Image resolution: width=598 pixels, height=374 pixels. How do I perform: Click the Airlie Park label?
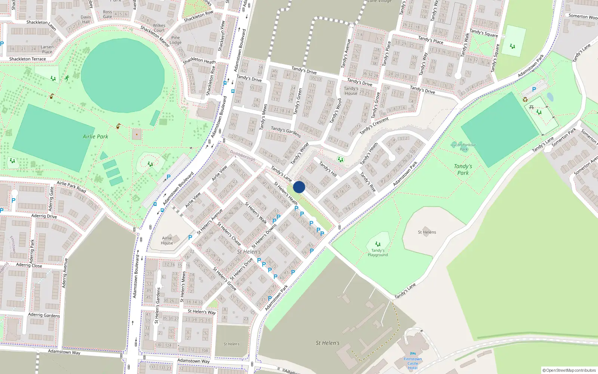(x=95, y=137)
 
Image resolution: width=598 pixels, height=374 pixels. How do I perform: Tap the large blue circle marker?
(x=299, y=187)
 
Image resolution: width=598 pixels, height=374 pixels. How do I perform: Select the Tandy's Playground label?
(x=377, y=253)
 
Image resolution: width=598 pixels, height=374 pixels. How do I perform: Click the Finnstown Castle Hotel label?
(x=413, y=363)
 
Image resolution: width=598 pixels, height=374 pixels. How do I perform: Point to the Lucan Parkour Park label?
(x=463, y=147)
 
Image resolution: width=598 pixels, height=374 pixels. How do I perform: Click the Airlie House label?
(x=167, y=240)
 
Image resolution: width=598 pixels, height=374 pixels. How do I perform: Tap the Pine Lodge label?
(x=176, y=40)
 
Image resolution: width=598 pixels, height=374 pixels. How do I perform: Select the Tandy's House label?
(x=351, y=91)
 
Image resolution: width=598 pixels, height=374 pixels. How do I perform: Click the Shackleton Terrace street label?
(x=27, y=59)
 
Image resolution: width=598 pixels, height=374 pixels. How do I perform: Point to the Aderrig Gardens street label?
(x=44, y=315)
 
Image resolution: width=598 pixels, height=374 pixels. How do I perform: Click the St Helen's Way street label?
(x=201, y=312)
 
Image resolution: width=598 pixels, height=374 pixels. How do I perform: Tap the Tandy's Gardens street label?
(x=286, y=131)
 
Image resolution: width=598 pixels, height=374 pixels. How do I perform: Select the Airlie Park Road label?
(x=71, y=187)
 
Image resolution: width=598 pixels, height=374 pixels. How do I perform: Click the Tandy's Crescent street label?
(x=374, y=125)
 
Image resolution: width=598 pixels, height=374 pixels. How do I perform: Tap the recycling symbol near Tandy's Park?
(x=525, y=99)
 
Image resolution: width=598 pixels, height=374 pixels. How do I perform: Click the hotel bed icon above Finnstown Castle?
(x=413, y=353)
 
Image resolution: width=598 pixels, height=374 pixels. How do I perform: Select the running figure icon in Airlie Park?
(x=67, y=78)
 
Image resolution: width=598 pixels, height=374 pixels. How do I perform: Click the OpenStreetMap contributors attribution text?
(x=569, y=370)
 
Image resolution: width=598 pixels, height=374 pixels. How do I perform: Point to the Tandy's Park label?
(x=463, y=169)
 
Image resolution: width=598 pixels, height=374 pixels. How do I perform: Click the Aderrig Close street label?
(x=29, y=265)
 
